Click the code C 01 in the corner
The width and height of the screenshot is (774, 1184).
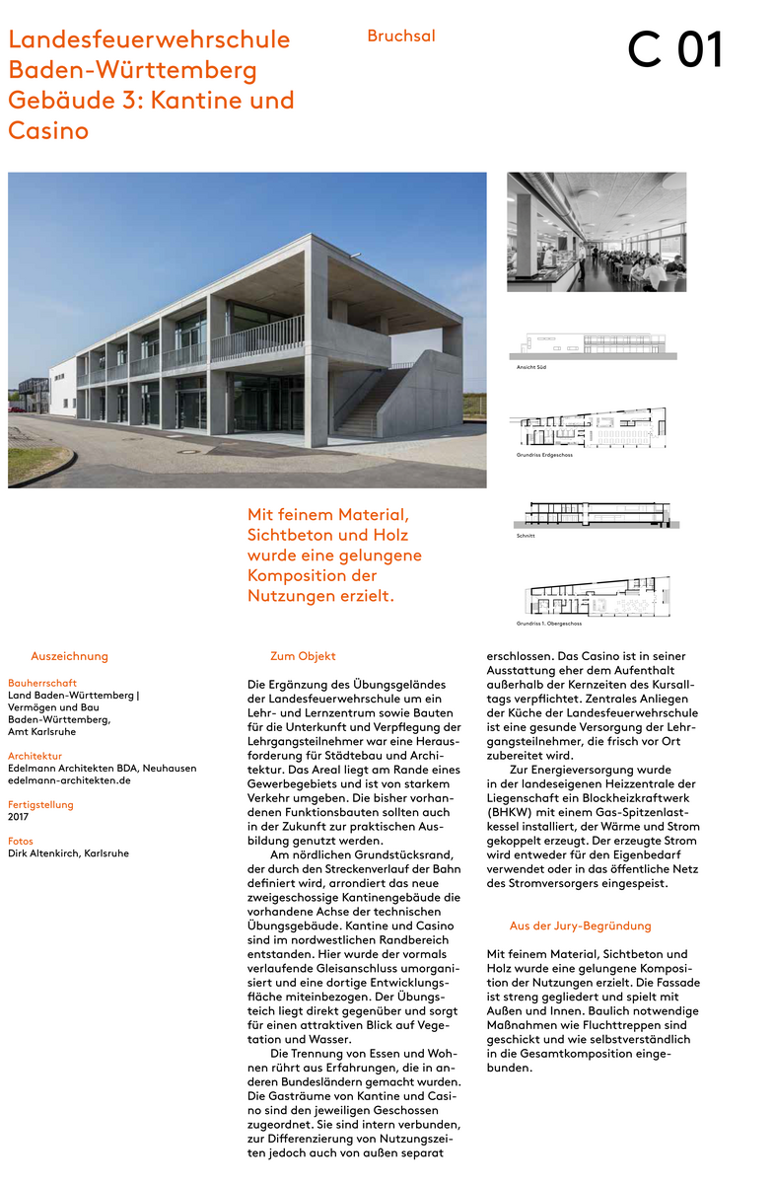pyautogui.click(x=676, y=50)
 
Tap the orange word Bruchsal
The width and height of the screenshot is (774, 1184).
pyautogui.click(x=401, y=37)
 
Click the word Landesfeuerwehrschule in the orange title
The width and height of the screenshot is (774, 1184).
pyautogui.click(x=149, y=40)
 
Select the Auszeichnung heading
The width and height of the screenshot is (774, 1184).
pyautogui.click(x=69, y=656)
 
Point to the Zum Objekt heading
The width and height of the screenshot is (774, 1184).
pyautogui.click(x=303, y=656)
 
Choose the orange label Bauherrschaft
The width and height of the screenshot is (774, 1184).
pyautogui.click(x=42, y=683)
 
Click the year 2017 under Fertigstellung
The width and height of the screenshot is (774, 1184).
pyautogui.click(x=19, y=817)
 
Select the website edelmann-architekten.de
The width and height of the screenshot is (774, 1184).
pyautogui.click(x=69, y=780)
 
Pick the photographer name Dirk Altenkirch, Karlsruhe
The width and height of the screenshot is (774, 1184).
pyautogui.click(x=68, y=853)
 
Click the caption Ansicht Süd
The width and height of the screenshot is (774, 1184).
pyautogui.click(x=531, y=366)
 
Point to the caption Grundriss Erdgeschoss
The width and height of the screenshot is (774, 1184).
pyautogui.click(x=544, y=455)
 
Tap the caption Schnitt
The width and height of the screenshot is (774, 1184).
pyautogui.click(x=526, y=535)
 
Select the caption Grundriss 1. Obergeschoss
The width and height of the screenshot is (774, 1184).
pyautogui.click(x=548, y=624)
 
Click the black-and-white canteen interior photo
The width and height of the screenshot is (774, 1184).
pyautogui.click(x=597, y=232)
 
